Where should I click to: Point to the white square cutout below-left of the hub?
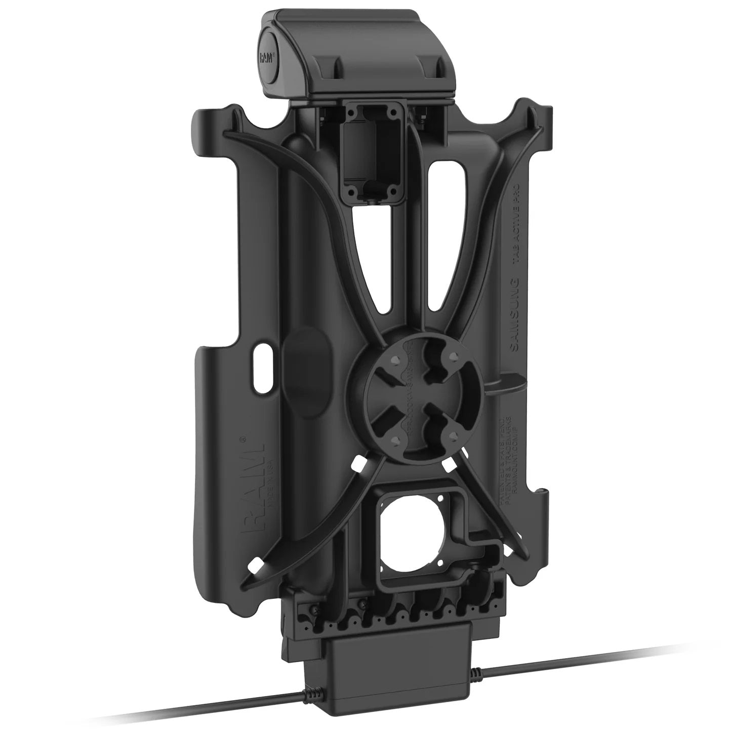pos(359,462)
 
